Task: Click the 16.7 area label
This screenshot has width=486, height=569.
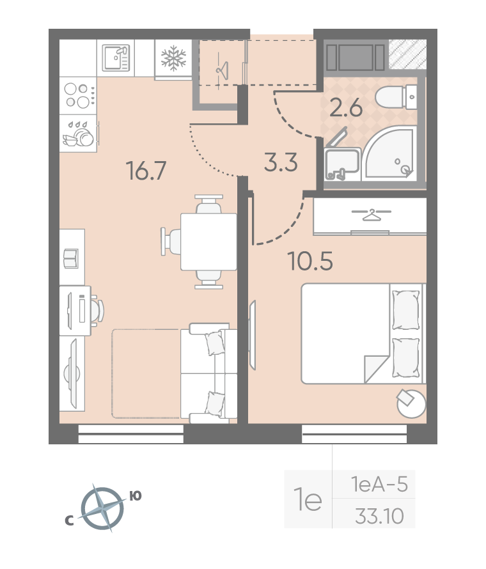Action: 146,171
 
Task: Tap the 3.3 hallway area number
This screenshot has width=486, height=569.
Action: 281,162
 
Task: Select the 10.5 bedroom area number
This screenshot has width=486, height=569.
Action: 310,261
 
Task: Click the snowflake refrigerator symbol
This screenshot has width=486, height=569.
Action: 173,58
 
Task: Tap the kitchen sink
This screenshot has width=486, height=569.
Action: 116,58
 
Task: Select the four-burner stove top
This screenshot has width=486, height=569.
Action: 78,96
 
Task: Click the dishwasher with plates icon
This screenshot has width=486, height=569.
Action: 79,134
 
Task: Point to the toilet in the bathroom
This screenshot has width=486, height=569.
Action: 396,97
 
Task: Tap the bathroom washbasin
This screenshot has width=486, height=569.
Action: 342,164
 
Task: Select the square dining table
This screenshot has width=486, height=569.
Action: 208,242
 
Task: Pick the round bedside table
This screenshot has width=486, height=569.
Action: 411,403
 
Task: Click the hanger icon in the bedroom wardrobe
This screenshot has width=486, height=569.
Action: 372,214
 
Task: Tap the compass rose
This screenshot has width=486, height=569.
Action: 103,508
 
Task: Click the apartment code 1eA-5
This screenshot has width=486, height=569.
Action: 379,485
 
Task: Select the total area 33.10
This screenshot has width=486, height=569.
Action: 379,516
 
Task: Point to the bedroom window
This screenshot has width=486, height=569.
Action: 354,434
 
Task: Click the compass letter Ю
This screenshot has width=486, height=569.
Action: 136,495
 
